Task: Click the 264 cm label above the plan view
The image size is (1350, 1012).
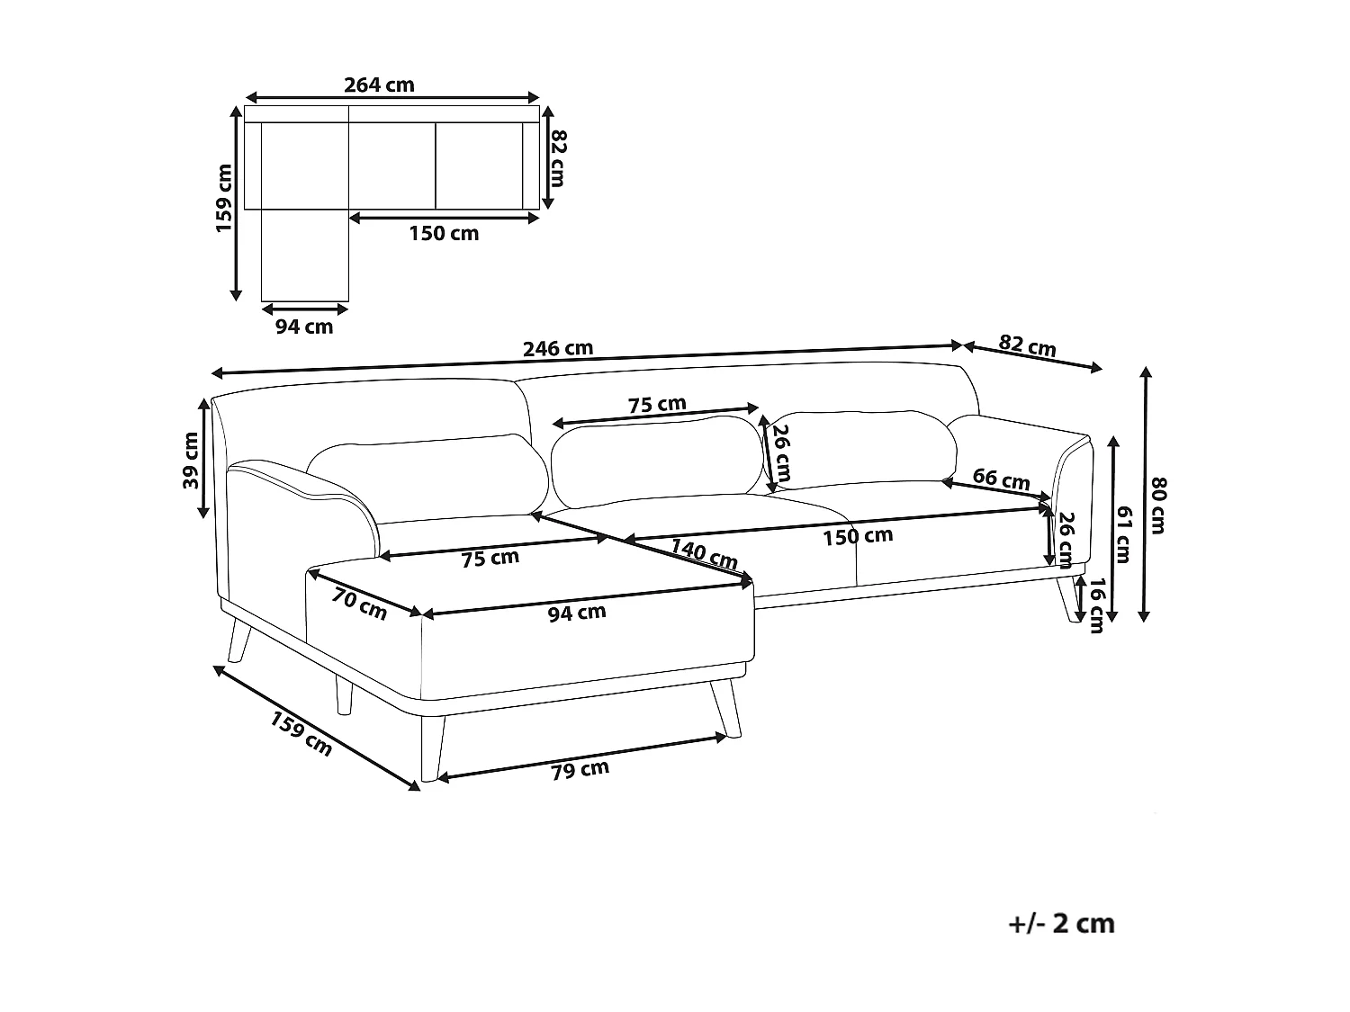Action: (379, 85)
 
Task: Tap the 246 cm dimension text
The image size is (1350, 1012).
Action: (559, 348)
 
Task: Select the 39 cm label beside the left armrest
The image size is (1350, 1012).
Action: (191, 461)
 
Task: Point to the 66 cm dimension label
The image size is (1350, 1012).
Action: (1001, 479)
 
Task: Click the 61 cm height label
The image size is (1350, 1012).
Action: (1124, 534)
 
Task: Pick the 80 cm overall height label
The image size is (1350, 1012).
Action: (1158, 505)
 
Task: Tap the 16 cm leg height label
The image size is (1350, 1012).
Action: (1095, 605)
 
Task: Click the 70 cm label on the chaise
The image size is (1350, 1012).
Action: (358, 604)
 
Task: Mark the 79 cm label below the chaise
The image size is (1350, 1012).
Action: (580, 770)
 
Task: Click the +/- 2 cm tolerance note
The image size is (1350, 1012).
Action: (1062, 924)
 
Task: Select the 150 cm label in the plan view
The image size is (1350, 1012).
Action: (444, 234)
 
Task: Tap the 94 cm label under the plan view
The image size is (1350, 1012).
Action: (304, 327)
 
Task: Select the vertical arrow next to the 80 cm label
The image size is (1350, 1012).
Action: (1145, 494)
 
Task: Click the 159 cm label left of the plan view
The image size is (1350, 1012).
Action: (224, 199)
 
